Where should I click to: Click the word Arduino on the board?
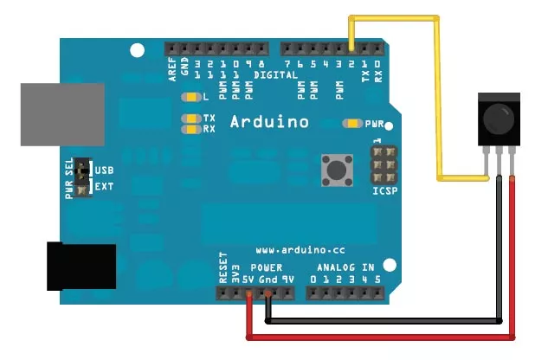coord(269,122)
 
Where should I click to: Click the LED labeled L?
coord(190,97)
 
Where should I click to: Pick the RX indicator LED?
coord(190,129)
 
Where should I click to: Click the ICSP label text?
coord(384,189)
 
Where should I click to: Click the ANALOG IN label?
coord(345,267)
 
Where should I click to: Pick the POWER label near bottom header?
coord(266,267)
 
